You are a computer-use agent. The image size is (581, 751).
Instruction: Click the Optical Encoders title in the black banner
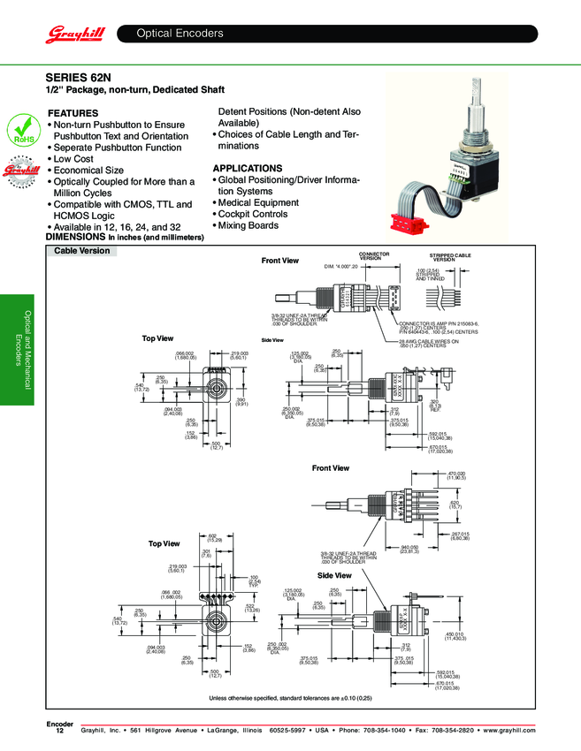coord(180,34)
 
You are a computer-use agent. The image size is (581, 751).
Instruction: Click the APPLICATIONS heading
coord(248,168)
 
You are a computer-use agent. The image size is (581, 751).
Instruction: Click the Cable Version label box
coord(82,251)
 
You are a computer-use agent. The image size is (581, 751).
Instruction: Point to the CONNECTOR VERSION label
coord(374,256)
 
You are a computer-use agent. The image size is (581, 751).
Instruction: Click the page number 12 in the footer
coord(59,732)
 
